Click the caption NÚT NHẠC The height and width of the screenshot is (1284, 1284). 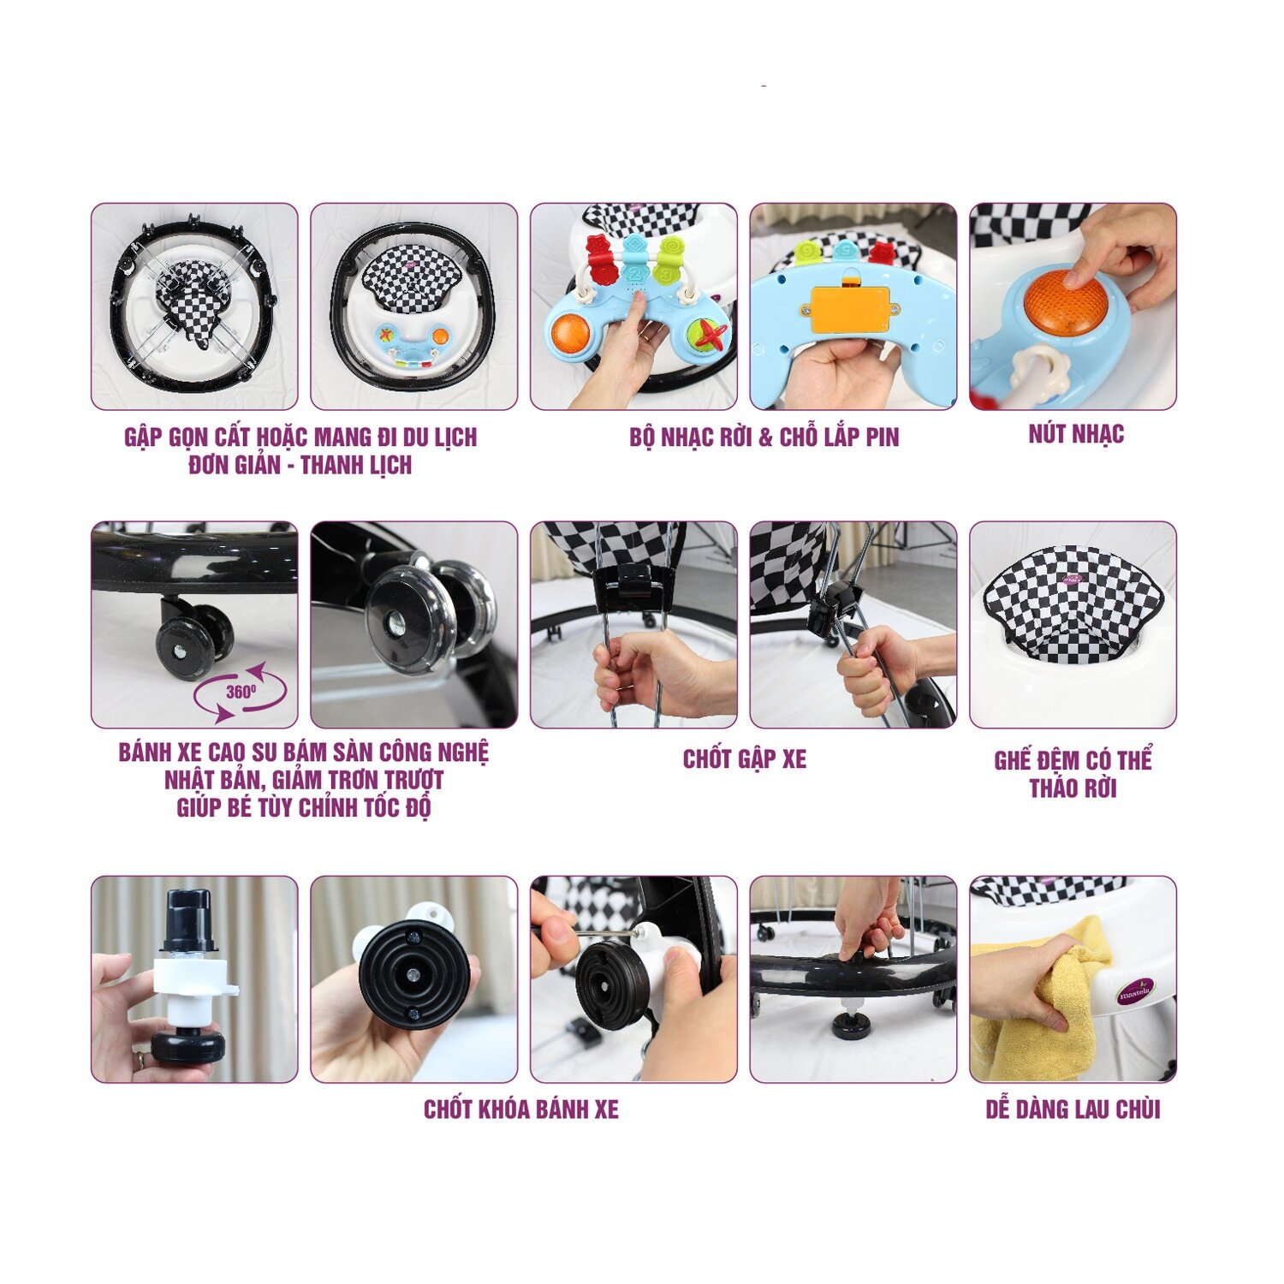coord(1076,435)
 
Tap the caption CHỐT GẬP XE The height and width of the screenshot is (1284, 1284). coord(745,759)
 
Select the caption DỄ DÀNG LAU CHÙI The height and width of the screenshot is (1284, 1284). coord(1073,1109)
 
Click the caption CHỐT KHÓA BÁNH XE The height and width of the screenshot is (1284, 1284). coord(520,1109)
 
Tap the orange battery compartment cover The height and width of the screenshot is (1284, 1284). coord(850,308)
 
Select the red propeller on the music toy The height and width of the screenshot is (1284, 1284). coord(708,333)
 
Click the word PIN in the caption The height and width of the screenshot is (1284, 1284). coord(882,437)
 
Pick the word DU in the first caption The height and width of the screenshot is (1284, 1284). coord(416,437)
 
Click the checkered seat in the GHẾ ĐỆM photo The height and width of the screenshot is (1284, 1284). coord(1073,604)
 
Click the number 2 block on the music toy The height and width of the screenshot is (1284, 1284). coord(633,275)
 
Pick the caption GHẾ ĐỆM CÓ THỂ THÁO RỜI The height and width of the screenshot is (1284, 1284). coord(1073,774)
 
